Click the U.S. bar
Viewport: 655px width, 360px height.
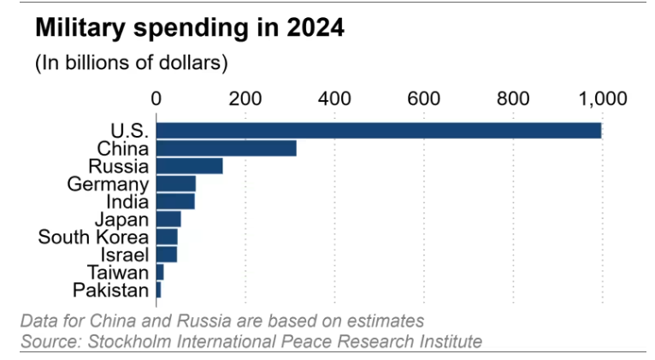tap(379, 130)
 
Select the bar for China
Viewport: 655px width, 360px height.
tap(227, 148)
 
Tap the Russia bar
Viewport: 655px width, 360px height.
tap(190, 166)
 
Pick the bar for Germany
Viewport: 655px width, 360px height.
tap(176, 184)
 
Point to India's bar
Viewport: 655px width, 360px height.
tap(175, 202)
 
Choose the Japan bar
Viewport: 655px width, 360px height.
tap(168, 219)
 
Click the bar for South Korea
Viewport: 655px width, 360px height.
tap(167, 237)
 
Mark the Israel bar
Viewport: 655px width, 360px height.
tap(167, 254)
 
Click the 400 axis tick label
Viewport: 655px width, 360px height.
tap(334, 98)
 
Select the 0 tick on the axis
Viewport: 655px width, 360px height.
tap(156, 98)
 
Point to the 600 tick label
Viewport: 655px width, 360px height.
tap(423, 98)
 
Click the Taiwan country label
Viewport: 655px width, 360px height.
tap(119, 273)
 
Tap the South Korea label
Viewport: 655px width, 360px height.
tap(93, 237)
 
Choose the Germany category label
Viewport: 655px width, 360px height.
tap(108, 184)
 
